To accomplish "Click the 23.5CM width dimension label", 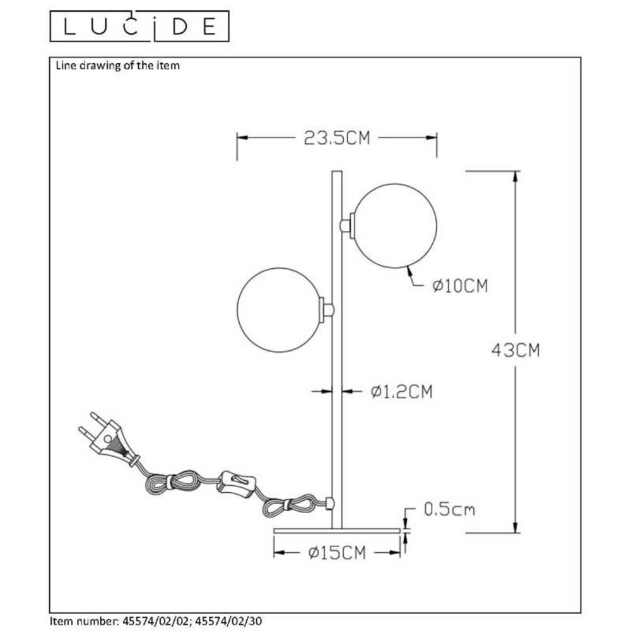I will pyautogui.click(x=337, y=138).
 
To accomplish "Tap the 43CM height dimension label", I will pyautogui.click(x=516, y=350).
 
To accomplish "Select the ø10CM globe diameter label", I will pyautogui.click(x=461, y=286).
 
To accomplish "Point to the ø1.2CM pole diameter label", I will pyautogui.click(x=401, y=392).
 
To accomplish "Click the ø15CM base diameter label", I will pyautogui.click(x=337, y=553).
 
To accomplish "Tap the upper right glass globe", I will pyautogui.click(x=395, y=225).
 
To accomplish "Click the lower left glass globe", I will pyautogui.click(x=278, y=309).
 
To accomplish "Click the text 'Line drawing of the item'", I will pyautogui.click(x=118, y=65).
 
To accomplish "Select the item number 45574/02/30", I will pyautogui.click(x=228, y=622).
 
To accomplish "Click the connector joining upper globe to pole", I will pyautogui.click(x=346, y=225).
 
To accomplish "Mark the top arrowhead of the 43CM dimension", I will pyautogui.click(x=516, y=176).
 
